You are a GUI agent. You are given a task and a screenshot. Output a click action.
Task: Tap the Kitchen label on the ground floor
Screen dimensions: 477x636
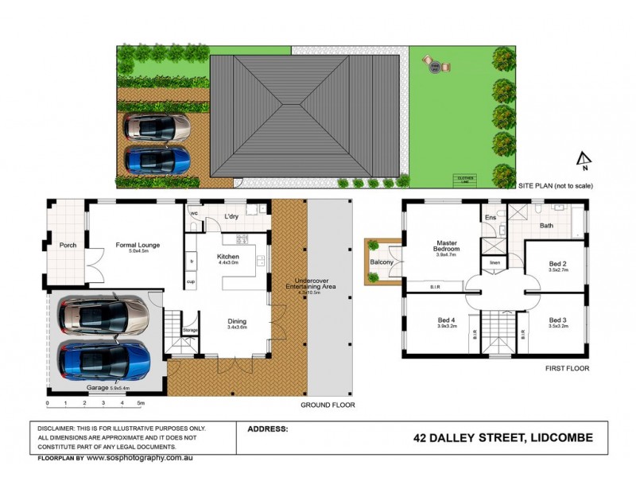228,257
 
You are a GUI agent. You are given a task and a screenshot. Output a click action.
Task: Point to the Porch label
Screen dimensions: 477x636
68,245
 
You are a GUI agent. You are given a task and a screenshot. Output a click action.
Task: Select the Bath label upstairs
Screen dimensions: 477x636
546,226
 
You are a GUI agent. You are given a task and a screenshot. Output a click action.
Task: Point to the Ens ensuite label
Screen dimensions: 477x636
490,216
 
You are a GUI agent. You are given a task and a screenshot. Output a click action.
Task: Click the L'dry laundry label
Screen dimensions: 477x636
231,216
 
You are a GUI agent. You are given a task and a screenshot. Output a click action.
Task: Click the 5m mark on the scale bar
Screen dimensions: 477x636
141,403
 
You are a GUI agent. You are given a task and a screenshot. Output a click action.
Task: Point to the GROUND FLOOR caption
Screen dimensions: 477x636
327,405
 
